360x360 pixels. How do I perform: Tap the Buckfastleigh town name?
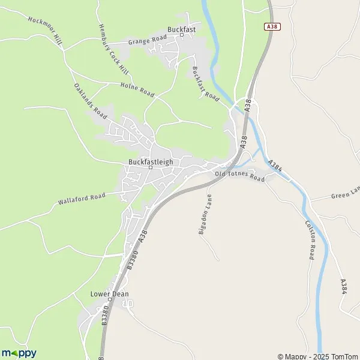click(x=151, y=161)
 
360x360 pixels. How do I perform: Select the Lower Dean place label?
click(x=109, y=294)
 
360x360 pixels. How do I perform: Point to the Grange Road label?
click(x=147, y=41)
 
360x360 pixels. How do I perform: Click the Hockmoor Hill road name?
click(x=45, y=28)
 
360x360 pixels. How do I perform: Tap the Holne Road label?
click(x=137, y=90)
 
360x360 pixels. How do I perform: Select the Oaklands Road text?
click(x=91, y=101)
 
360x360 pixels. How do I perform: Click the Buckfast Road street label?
click(x=205, y=83)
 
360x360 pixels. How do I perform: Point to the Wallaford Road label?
click(x=82, y=199)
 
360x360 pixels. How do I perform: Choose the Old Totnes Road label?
click(x=240, y=176)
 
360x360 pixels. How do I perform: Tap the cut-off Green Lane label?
click(x=345, y=192)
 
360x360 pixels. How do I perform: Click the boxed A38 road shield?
click(x=272, y=28)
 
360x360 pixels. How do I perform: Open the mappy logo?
click(x=19, y=353)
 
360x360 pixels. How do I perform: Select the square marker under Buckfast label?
click(x=182, y=35)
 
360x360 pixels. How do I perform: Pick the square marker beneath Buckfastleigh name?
click(x=151, y=168)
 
